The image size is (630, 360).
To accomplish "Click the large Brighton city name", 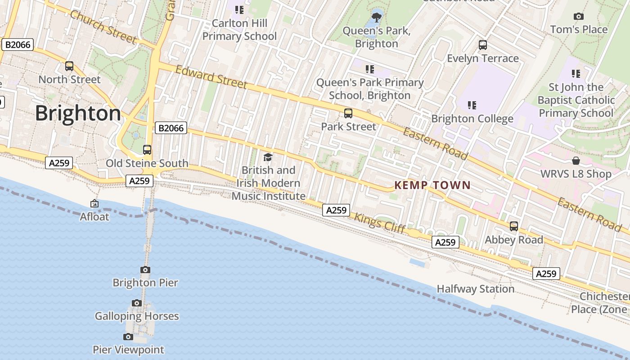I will coord(78,113).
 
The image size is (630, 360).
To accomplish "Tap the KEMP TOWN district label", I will coord(432,185).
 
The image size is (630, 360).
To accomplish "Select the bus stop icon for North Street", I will coord(69,66).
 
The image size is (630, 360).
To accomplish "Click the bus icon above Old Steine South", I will coord(147,150).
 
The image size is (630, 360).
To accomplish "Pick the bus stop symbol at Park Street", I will coord(348,113).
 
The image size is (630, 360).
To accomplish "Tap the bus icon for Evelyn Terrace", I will coord(483,45).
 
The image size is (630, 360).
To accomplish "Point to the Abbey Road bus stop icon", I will coord(514,226).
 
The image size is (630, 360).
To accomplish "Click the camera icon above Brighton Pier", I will coord(145,270).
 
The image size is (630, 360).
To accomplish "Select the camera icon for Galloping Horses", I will coord(137,303).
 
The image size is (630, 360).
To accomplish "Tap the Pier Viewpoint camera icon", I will coord(128,337).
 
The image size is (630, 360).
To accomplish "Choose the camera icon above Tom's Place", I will coord(579,17).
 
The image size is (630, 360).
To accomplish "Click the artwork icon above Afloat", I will coord(94,203).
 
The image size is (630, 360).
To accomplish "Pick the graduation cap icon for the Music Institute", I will coord(268,157).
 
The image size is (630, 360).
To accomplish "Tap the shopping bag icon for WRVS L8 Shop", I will coord(576,161).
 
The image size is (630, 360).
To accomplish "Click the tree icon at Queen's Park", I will coord(377,18).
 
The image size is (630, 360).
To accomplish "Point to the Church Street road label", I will coord(103,27).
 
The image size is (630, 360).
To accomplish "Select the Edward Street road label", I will coord(211,77).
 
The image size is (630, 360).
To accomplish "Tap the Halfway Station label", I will coord(476,289).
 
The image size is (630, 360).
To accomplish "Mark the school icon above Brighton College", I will coord(472,105).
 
